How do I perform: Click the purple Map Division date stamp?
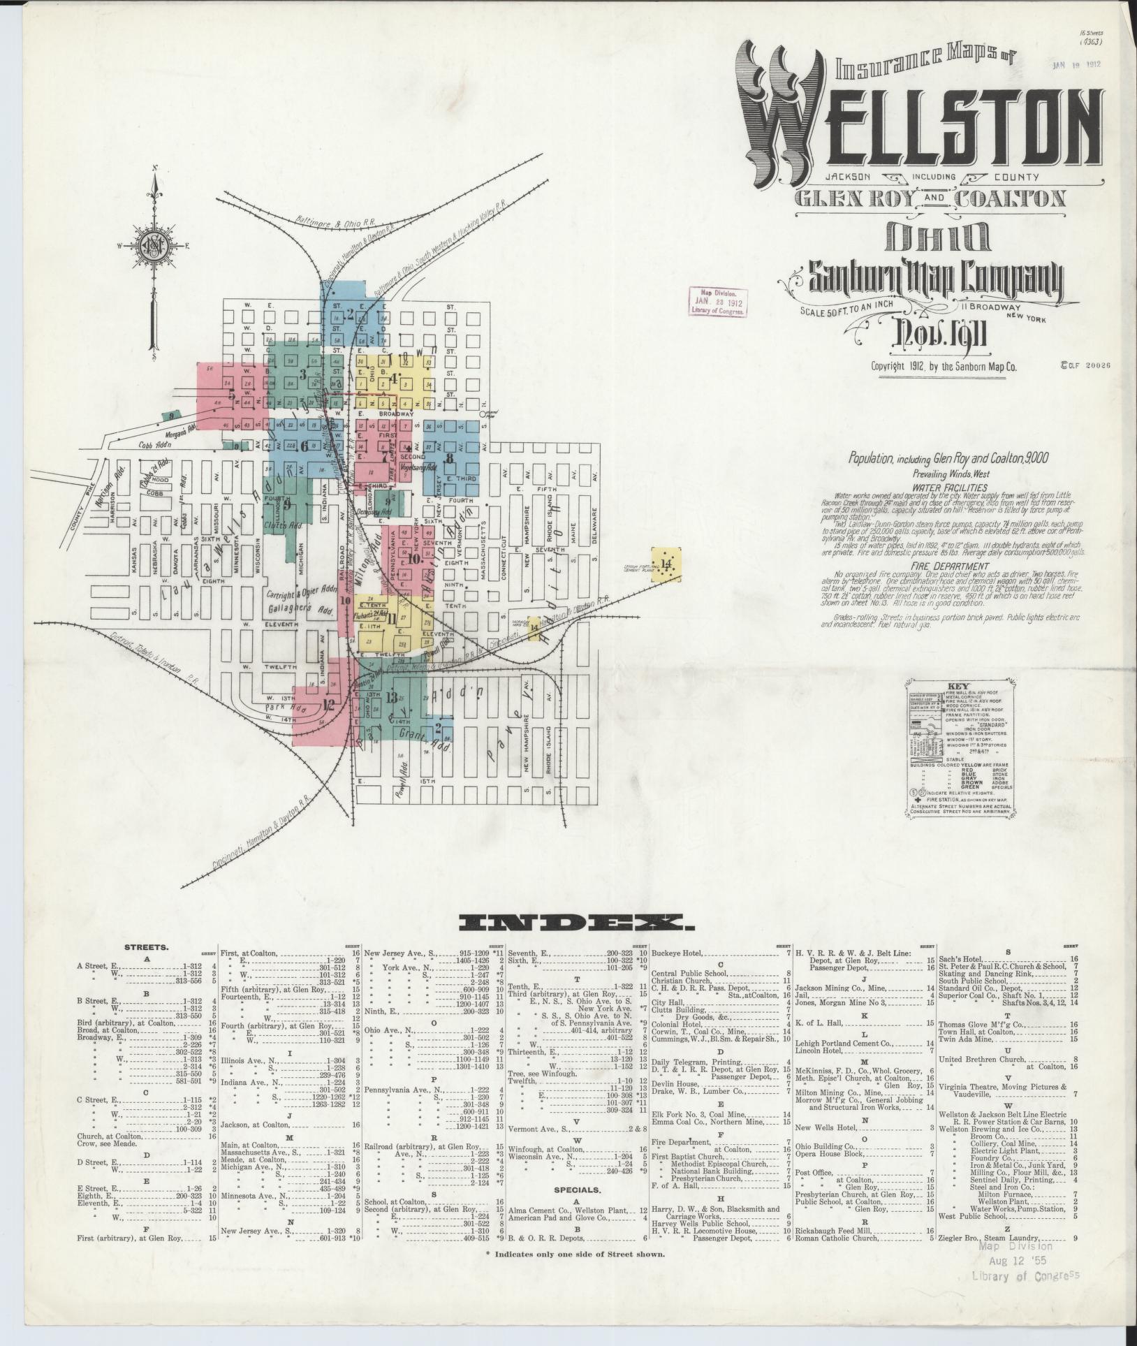(x=718, y=302)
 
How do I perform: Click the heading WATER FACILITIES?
(x=949, y=488)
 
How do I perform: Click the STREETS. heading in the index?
(x=146, y=948)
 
